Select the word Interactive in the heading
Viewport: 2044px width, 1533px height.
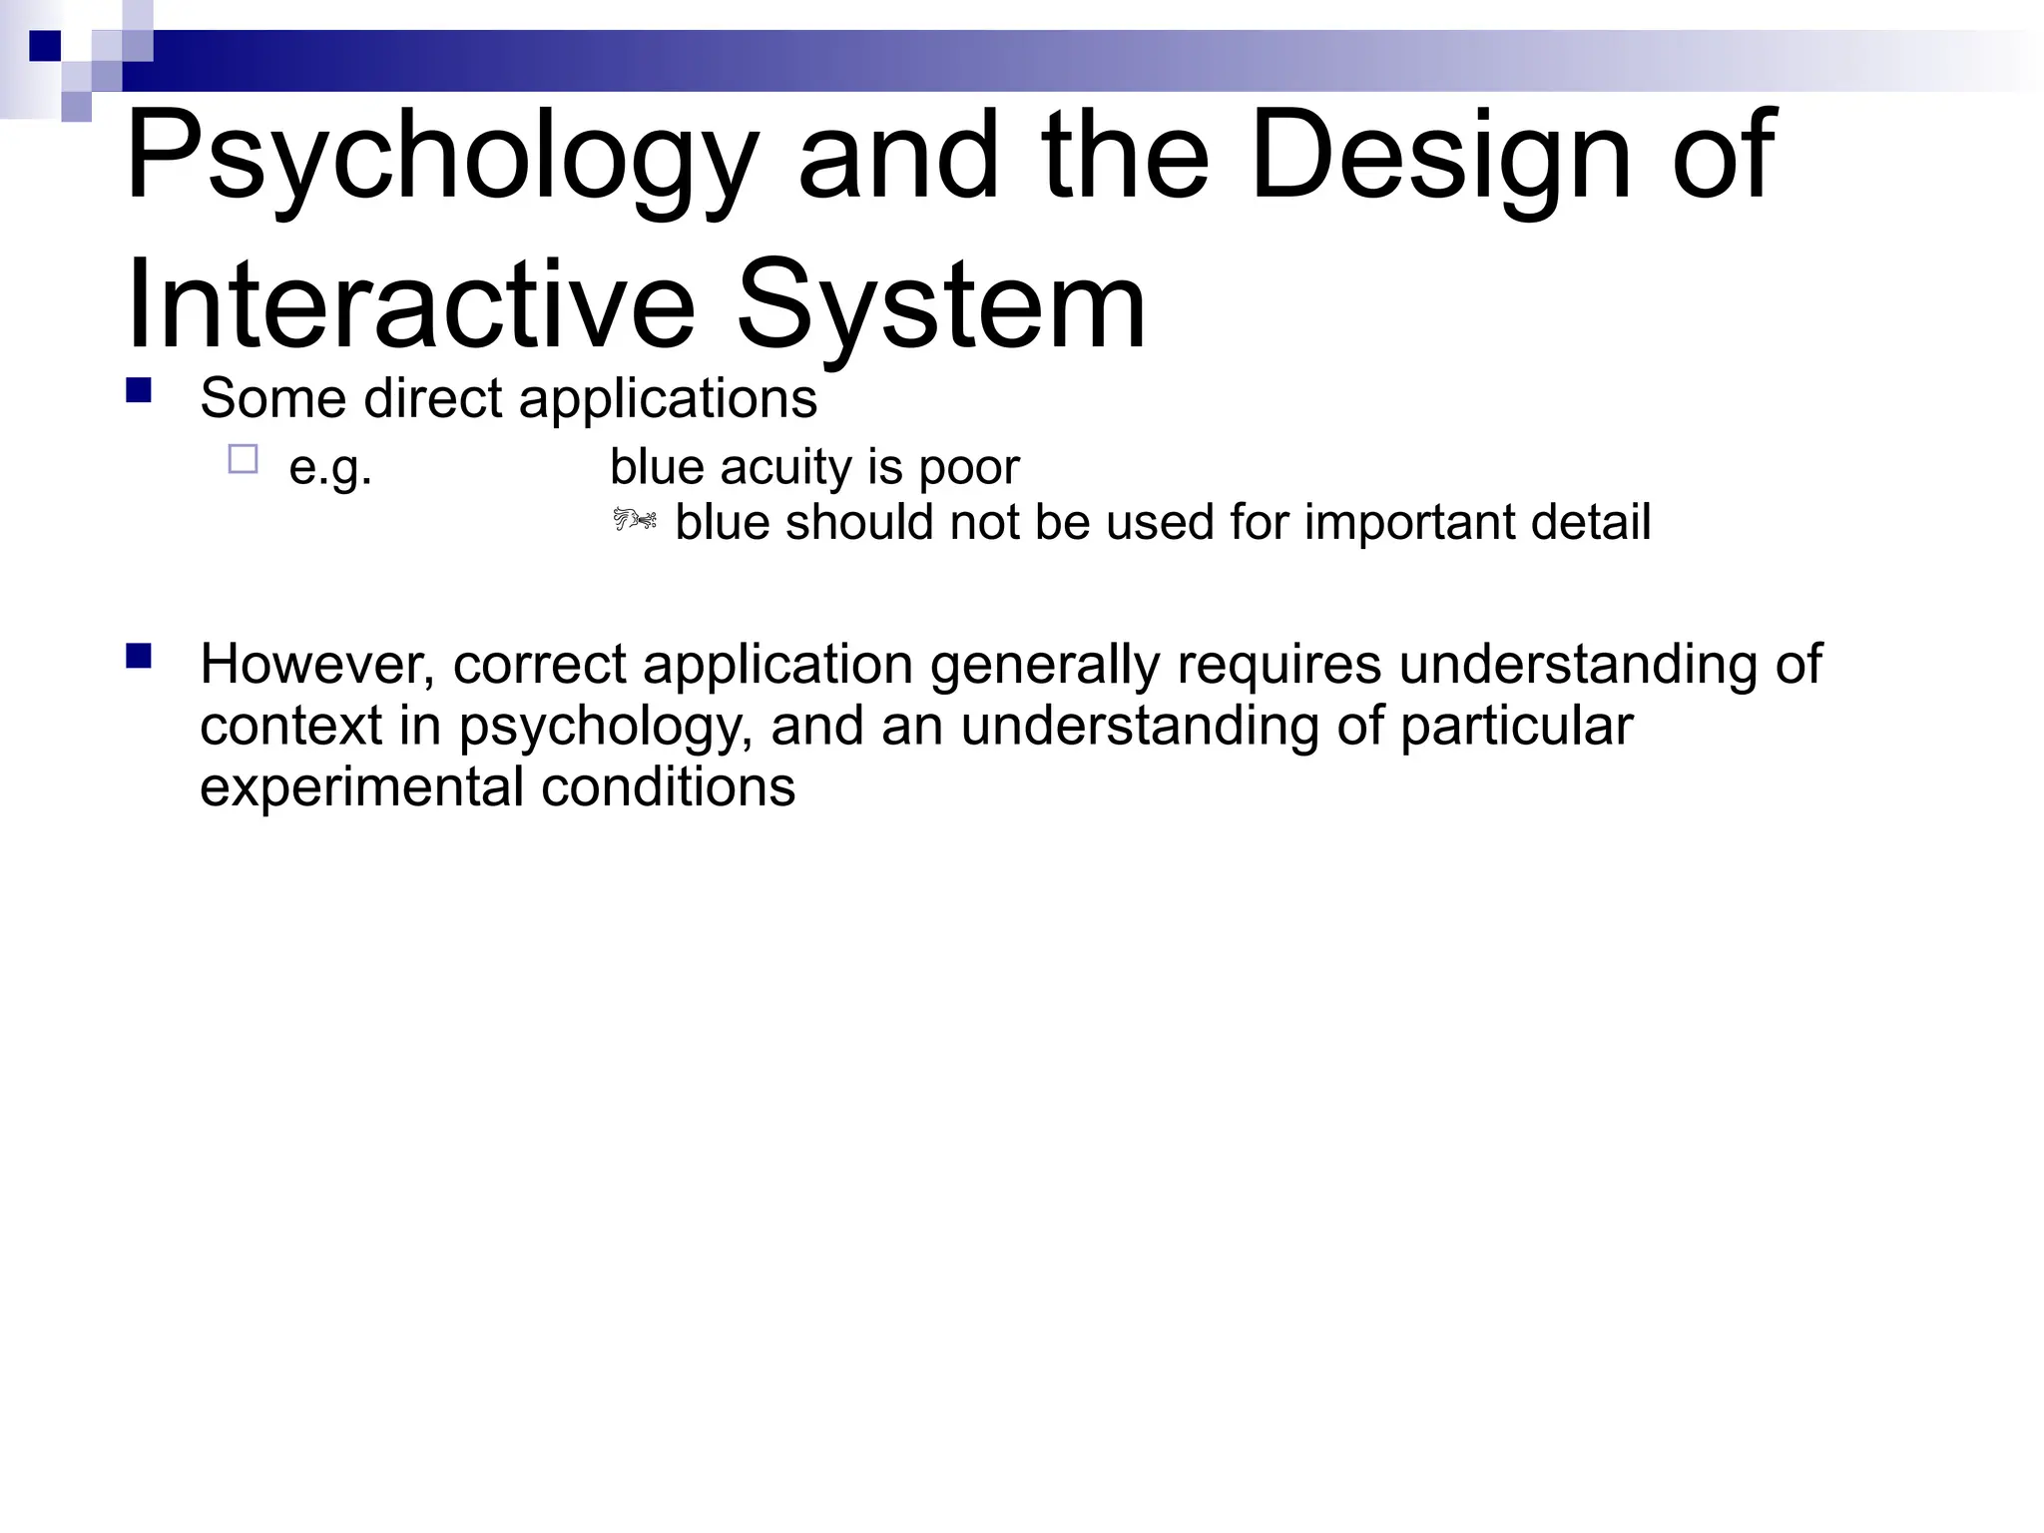click(x=410, y=304)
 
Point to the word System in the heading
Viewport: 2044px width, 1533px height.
click(x=941, y=304)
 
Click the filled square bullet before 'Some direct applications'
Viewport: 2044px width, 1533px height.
click(x=139, y=389)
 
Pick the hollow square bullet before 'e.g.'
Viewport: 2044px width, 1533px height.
click(x=243, y=459)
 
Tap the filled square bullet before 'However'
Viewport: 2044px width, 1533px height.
click(x=139, y=656)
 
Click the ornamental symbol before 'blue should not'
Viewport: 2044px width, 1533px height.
click(x=635, y=520)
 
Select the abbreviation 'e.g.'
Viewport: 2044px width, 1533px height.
click(x=330, y=467)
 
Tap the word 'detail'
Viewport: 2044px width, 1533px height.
click(x=1591, y=522)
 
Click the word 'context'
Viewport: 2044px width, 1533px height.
click(x=290, y=726)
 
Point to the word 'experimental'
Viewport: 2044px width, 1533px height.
click(x=361, y=787)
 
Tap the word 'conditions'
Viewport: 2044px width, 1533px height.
click(x=669, y=787)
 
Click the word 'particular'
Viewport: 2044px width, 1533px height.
click(x=1516, y=726)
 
